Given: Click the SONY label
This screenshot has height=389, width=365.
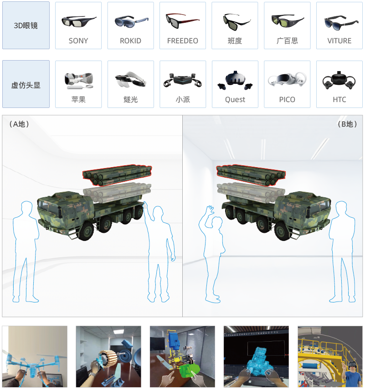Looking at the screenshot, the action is [78, 41].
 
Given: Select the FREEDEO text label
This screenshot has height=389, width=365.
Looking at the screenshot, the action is [183, 41].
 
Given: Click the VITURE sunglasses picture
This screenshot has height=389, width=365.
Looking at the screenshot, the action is [341, 23].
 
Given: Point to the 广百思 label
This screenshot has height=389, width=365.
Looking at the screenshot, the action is [287, 41].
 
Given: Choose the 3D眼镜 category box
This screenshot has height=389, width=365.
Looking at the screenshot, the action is [26, 26].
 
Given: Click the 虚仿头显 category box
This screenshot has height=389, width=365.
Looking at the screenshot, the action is [26, 84].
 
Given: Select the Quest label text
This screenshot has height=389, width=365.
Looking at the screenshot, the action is [235, 100].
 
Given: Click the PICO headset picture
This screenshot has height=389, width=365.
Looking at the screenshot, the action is [288, 79].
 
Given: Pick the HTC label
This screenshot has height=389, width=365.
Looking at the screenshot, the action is [339, 99].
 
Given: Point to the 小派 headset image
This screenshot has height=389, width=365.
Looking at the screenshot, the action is [183, 80].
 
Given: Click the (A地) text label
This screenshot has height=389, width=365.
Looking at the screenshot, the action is [19, 124].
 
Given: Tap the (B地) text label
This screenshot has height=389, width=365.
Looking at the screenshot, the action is [347, 124].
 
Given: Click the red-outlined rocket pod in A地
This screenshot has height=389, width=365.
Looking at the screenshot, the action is [117, 175].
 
